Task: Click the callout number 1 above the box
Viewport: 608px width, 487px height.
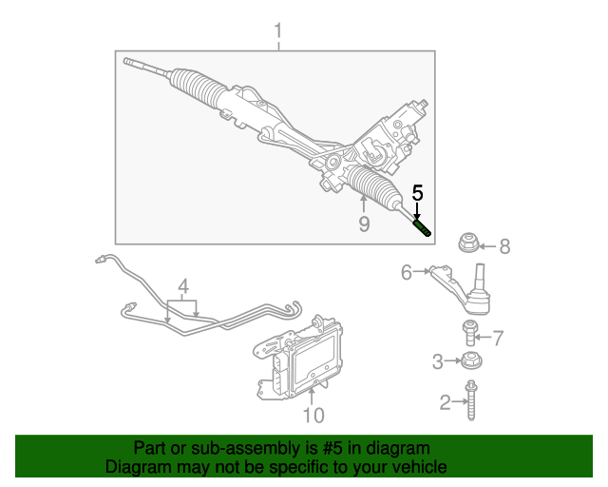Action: (x=278, y=33)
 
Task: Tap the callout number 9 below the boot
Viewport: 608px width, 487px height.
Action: (x=363, y=224)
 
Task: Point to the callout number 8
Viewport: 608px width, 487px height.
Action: (x=504, y=247)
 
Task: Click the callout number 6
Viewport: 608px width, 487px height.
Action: (x=407, y=273)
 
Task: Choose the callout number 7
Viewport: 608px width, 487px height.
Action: (x=497, y=337)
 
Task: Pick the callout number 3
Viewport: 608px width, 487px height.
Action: (x=438, y=360)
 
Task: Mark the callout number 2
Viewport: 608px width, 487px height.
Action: (x=445, y=404)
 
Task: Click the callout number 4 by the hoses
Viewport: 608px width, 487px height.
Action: (x=183, y=285)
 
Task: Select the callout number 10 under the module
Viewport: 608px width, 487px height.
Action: (x=313, y=415)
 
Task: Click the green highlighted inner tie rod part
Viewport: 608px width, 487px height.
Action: (x=421, y=226)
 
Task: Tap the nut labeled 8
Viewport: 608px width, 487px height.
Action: (x=467, y=243)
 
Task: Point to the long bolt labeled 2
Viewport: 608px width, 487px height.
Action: (x=470, y=400)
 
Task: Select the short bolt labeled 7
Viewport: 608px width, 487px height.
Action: (x=469, y=333)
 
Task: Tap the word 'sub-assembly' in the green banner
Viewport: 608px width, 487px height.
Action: (x=236, y=448)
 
